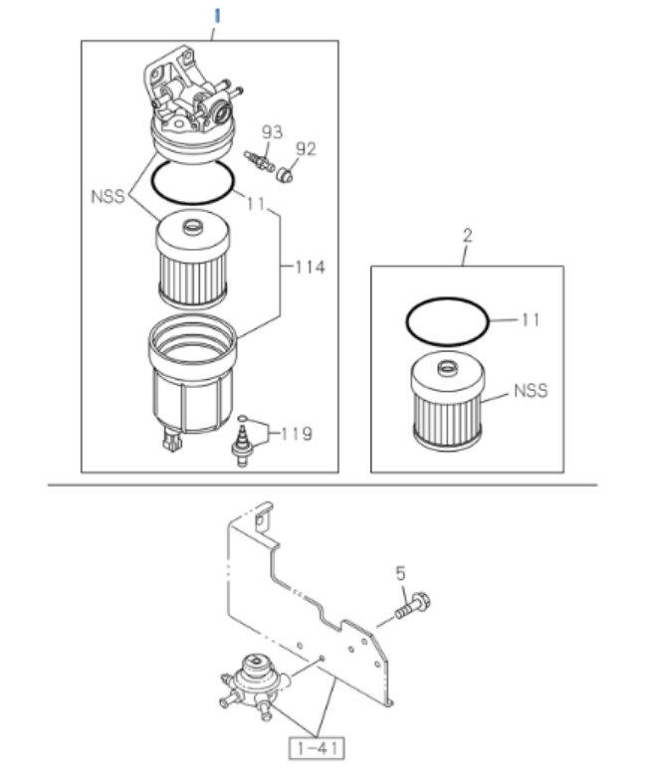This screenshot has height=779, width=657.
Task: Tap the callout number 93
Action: [273, 131]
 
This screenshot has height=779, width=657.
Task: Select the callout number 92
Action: [306, 149]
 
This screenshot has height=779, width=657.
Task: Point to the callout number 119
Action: [296, 434]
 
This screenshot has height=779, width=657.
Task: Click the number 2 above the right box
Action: [468, 236]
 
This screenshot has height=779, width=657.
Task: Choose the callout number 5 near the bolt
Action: [400, 573]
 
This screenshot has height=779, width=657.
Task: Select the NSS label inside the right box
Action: [531, 391]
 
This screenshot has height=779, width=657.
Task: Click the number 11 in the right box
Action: [531, 319]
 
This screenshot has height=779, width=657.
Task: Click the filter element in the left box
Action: [193, 262]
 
